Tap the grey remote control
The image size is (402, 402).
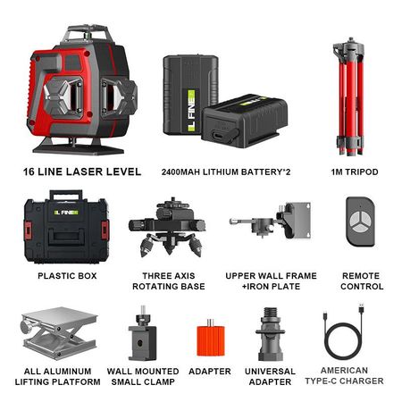point(360,221)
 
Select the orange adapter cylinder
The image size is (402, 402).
point(211,339)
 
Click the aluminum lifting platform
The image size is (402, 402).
point(59,333)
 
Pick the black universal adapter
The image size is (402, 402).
point(271,334)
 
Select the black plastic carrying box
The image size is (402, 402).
point(66,227)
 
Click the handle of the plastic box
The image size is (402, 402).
point(66,195)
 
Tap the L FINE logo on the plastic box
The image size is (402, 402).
point(66,213)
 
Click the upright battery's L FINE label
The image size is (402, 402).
point(191,111)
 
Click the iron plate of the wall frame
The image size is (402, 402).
point(298,220)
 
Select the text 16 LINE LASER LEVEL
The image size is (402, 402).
point(82,172)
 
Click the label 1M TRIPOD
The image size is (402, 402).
point(355,172)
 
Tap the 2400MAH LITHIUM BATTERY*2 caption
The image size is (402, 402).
point(226,172)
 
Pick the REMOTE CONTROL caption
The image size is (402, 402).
point(362,281)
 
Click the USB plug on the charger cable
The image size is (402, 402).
point(362,308)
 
